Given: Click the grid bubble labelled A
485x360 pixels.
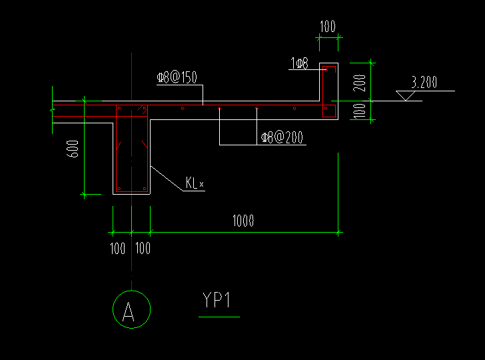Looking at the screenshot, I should tap(131, 309).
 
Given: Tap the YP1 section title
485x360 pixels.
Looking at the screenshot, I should tap(217, 301).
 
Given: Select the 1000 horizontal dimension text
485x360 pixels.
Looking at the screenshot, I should tap(243, 221).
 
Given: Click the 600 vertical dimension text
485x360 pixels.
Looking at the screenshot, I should tap(74, 148).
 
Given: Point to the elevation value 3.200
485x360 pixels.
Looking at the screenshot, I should tap(424, 83).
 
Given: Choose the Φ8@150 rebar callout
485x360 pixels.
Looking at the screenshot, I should tap(177, 78).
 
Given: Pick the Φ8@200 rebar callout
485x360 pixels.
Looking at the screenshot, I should tap(282, 138).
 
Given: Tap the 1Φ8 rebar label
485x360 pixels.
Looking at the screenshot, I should tap(299, 63).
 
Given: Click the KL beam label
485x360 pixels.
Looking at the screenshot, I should tap(194, 183).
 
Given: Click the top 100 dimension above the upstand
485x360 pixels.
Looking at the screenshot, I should tap(327, 27).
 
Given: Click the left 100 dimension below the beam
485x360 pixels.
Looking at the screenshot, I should tap(117, 249).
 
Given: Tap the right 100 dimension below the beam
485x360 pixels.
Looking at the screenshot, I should tap(143, 249).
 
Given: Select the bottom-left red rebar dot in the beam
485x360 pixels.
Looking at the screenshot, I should tap(119, 189).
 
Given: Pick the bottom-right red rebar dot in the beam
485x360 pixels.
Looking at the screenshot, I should tap(143, 189).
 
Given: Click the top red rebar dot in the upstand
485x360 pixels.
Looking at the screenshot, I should tap(325, 70).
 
